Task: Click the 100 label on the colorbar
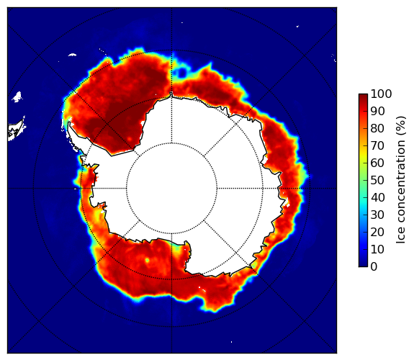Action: (x=381, y=94)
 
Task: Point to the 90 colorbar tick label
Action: (x=377, y=111)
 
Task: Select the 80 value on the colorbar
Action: (x=377, y=128)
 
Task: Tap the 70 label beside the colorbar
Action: (x=377, y=145)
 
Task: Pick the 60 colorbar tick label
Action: (x=377, y=163)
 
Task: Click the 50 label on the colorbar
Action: (x=377, y=181)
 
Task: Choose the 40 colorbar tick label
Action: (x=377, y=197)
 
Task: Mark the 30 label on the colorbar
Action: (x=377, y=215)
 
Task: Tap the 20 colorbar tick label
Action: (x=377, y=232)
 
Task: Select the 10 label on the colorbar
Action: (x=377, y=249)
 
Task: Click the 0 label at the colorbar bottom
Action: (x=374, y=267)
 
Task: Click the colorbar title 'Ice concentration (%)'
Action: (x=400, y=180)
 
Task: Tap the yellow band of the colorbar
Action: (x=363, y=155)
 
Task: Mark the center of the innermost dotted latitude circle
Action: (x=171, y=188)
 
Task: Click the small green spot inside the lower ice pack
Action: (x=147, y=261)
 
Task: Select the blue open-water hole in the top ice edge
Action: (x=181, y=71)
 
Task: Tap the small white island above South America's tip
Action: (x=17, y=96)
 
